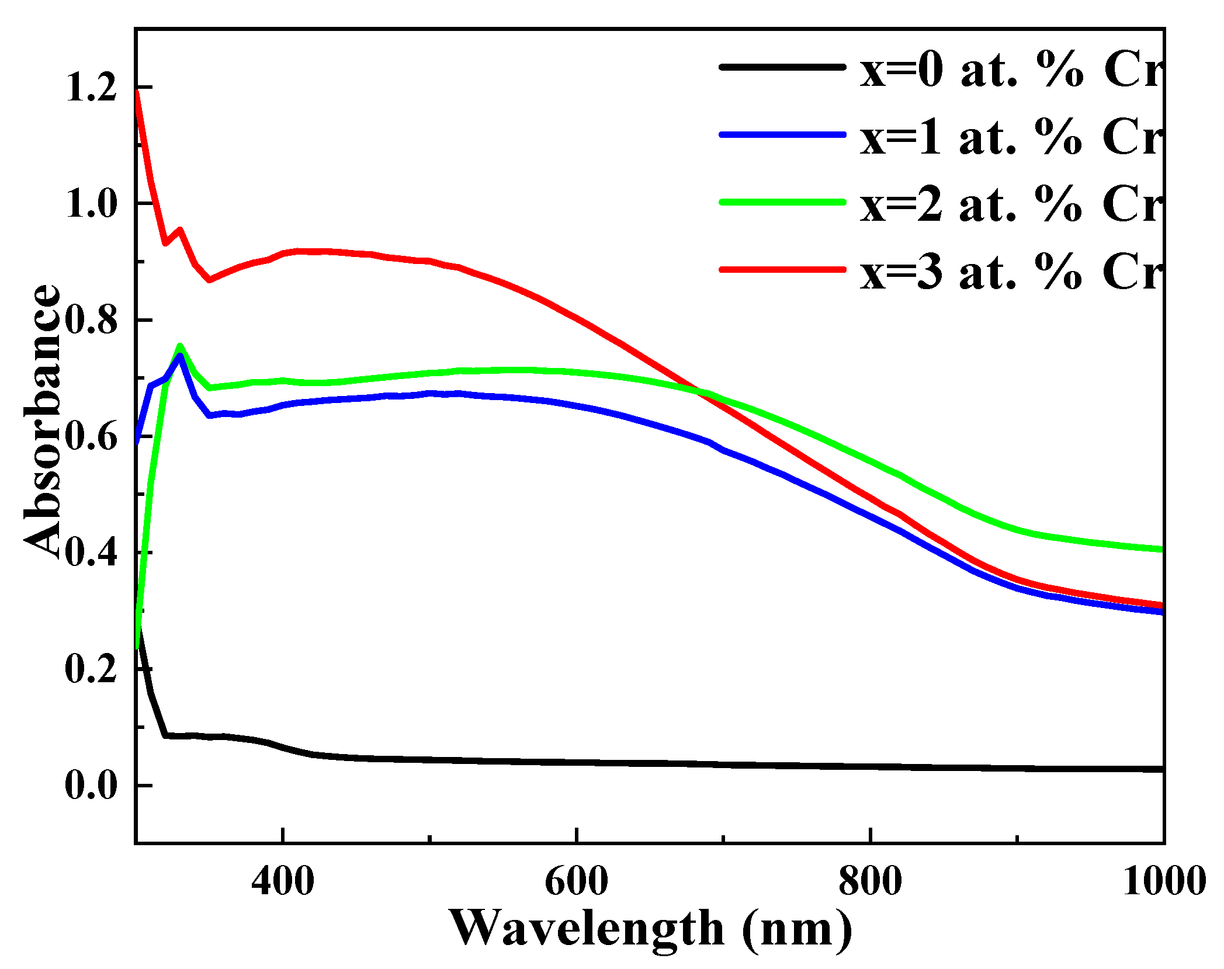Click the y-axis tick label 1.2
coord(91,89)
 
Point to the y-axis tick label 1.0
coord(91,205)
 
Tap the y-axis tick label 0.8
coord(91,321)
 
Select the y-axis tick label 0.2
coord(91,669)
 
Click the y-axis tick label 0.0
coord(91,785)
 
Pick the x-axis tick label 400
coord(283,881)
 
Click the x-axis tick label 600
coord(576,881)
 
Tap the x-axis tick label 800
coord(870,881)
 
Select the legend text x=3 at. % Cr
coord(1011,272)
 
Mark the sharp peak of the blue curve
coord(180,355)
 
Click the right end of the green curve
coord(1161,549)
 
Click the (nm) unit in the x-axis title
coord(797,929)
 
